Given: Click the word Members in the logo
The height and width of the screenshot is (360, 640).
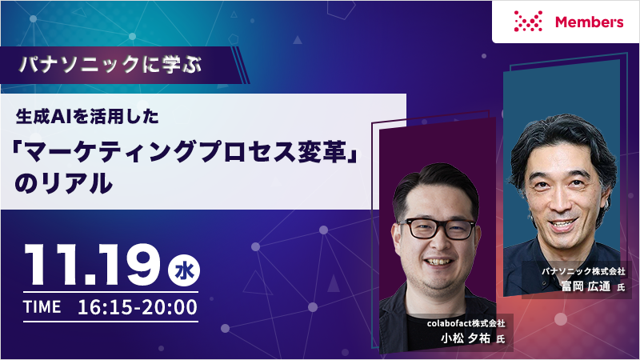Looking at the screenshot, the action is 589,22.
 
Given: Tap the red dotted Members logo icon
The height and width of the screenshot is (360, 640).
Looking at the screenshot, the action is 528,22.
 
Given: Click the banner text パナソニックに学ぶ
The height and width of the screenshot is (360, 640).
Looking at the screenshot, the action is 111,65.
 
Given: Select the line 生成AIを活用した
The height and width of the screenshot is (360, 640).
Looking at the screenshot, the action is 87,117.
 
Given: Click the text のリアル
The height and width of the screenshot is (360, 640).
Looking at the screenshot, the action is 64,183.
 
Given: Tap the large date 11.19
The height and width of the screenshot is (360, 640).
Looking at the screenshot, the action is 92,266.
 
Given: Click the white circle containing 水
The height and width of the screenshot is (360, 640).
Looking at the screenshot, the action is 184,270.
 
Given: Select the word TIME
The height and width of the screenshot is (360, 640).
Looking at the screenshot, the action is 42,307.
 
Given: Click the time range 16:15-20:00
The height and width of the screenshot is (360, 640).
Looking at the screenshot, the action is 138,307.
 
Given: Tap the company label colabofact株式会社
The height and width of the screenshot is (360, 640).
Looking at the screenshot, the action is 466,323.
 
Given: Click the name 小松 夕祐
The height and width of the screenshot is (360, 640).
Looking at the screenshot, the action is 466,338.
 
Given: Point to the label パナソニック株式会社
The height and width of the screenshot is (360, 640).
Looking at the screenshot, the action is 583,271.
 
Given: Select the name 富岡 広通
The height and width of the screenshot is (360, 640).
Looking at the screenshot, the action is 586,286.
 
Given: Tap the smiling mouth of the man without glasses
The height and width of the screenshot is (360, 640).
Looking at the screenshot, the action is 563,224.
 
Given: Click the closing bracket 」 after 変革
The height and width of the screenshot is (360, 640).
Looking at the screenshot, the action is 353,152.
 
